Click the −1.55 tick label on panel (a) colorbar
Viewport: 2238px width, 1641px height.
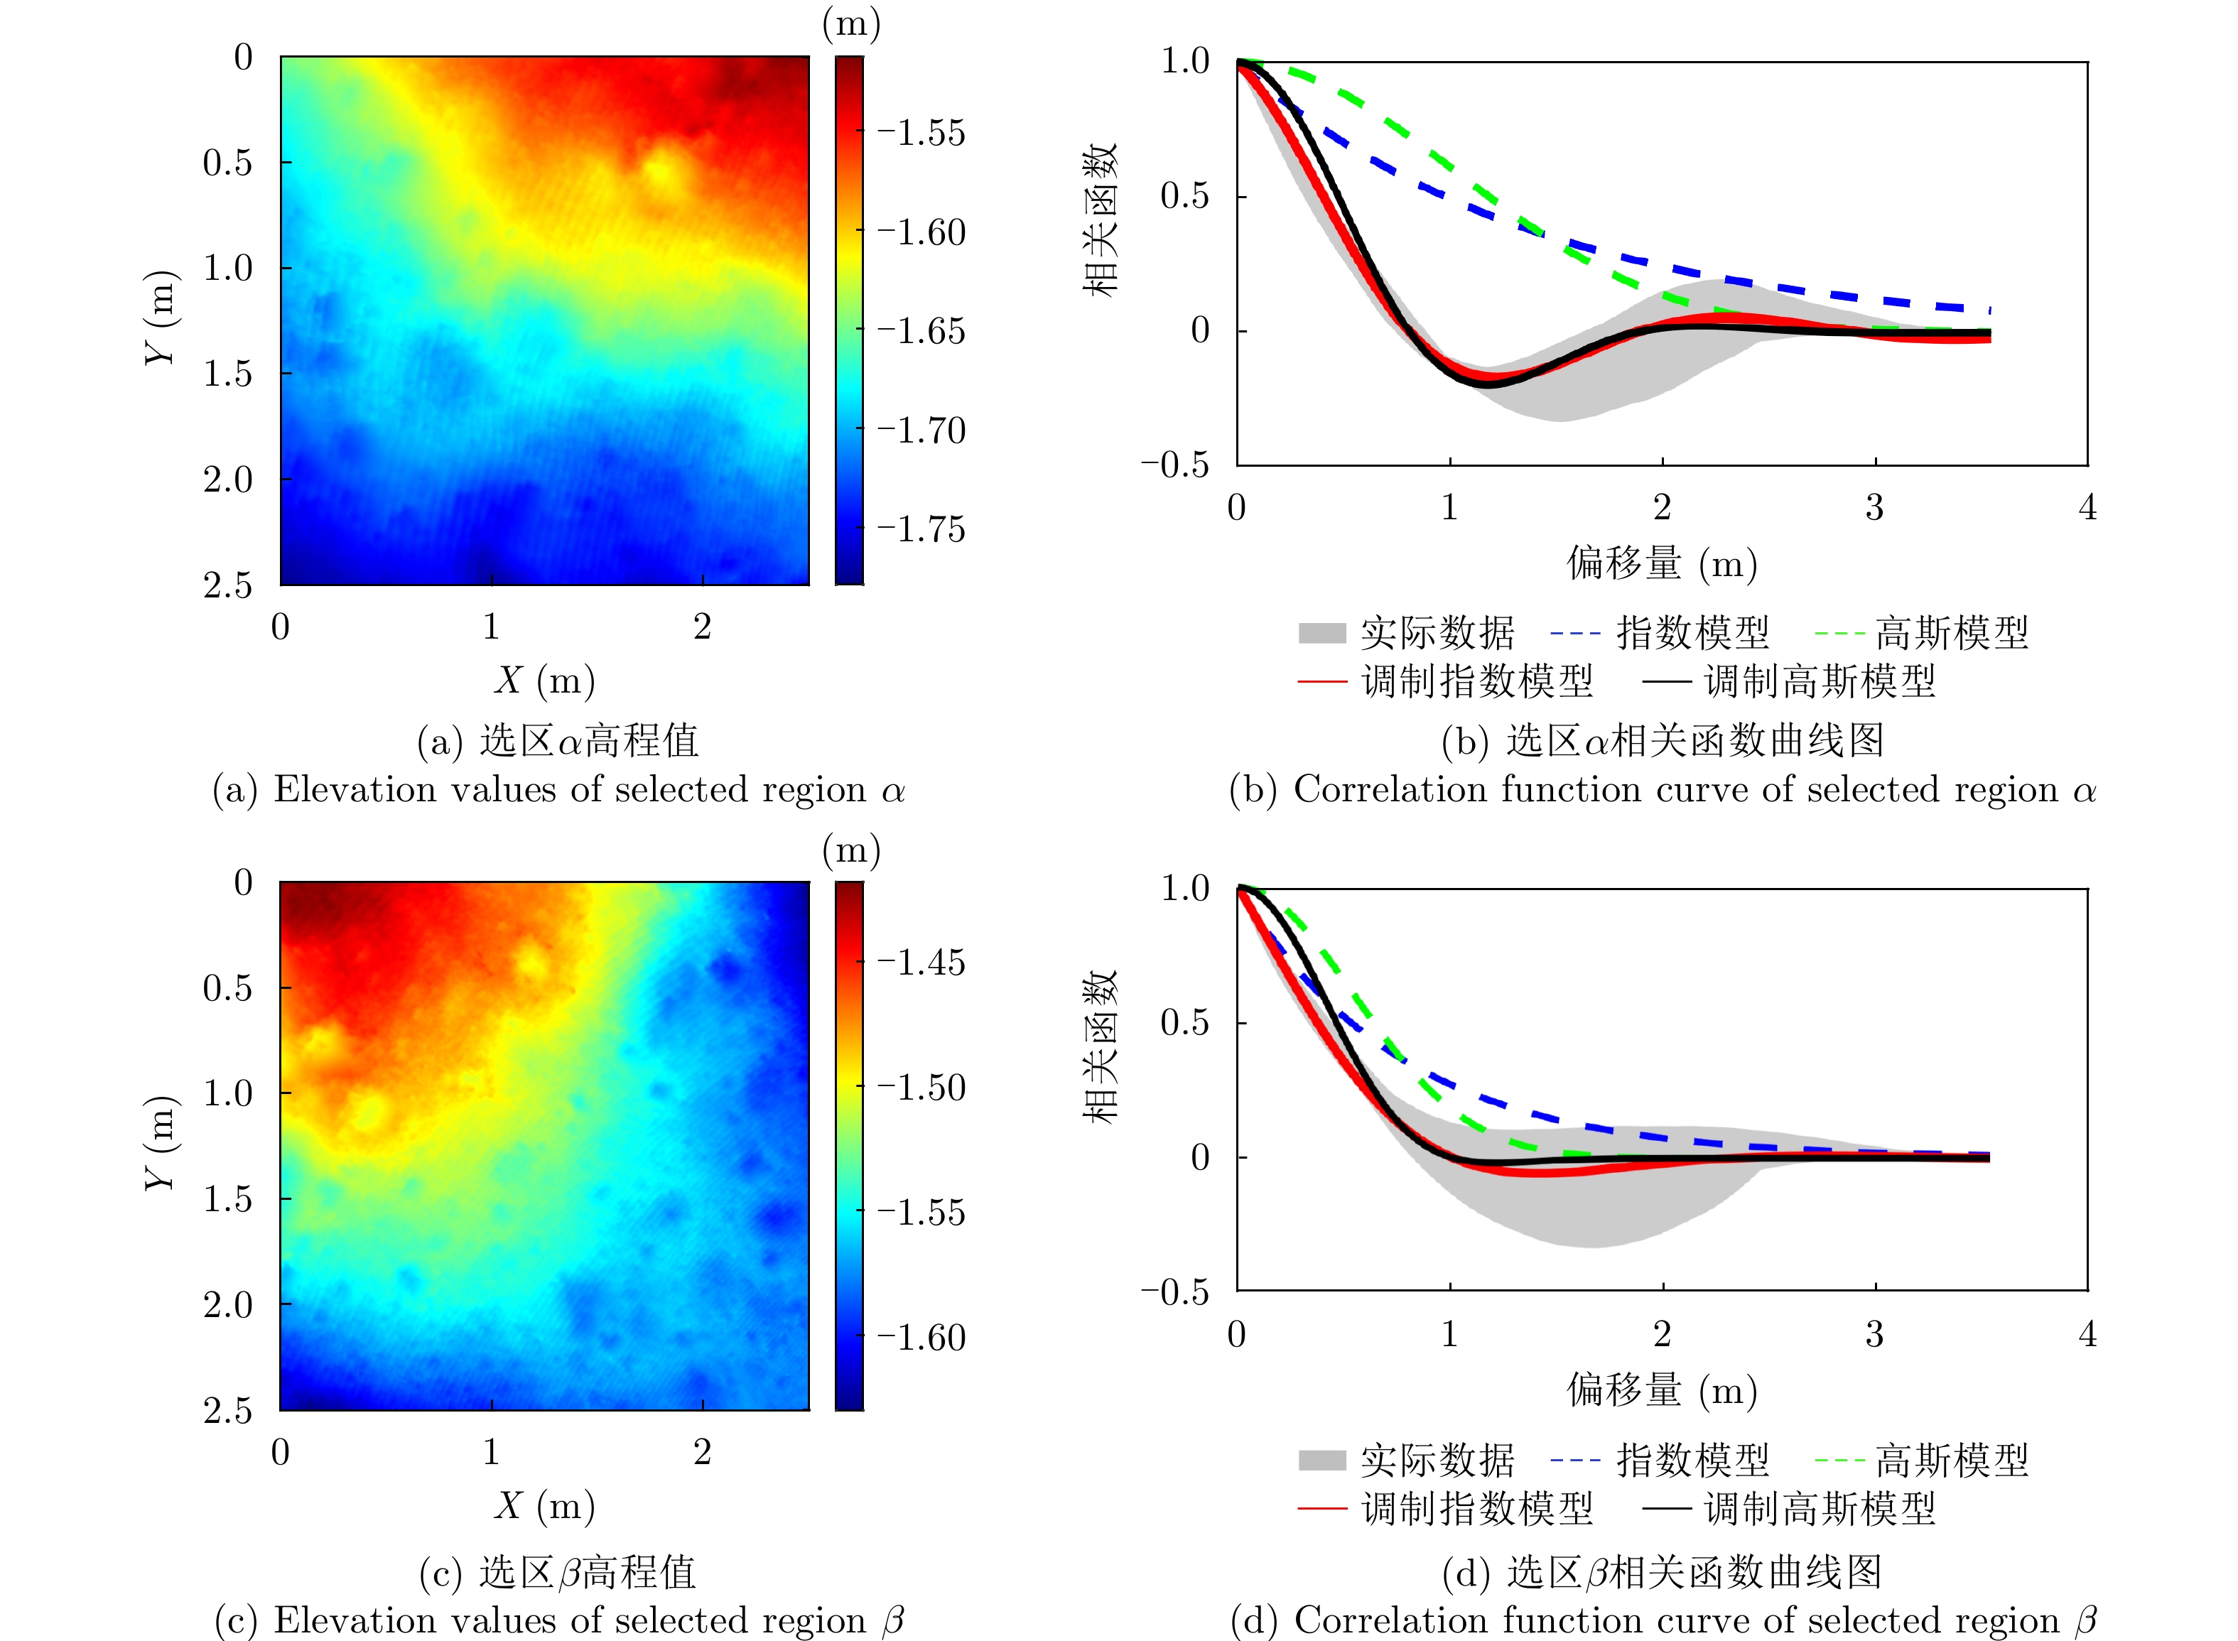tap(921, 133)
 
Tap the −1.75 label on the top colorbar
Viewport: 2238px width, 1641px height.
tap(921, 529)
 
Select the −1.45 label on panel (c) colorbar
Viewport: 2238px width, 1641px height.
tap(921, 963)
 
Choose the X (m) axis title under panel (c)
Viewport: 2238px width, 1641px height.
tap(544, 1506)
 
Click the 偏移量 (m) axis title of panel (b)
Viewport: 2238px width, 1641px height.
tap(1662, 564)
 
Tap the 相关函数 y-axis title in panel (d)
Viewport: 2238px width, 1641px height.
tap(1101, 1047)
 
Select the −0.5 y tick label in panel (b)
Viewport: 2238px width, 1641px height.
tap(1174, 465)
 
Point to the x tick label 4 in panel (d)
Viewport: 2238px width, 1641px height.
tap(2087, 1334)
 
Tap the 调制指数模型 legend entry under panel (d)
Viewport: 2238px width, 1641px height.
tap(1476, 1509)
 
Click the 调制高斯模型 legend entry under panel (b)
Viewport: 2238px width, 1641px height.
tap(1819, 681)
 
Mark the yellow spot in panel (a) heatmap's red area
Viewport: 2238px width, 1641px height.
tap(661, 169)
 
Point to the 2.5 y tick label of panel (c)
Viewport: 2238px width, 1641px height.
tap(227, 1411)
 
